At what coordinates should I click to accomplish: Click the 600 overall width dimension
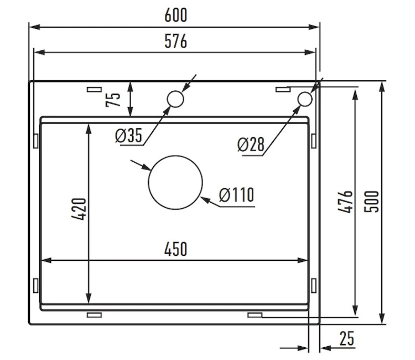click(x=176, y=15)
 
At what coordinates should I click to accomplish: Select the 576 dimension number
click(x=176, y=41)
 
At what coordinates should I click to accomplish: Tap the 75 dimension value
click(x=113, y=100)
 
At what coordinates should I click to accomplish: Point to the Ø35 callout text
click(x=128, y=135)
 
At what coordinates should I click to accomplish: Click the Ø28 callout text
click(x=251, y=145)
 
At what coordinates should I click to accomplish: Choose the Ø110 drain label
click(x=237, y=195)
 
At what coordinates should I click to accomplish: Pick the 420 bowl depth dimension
click(x=79, y=209)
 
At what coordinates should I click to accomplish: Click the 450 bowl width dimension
click(x=176, y=249)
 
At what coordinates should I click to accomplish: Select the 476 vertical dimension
click(x=345, y=202)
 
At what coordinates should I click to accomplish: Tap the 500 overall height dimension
click(x=372, y=202)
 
